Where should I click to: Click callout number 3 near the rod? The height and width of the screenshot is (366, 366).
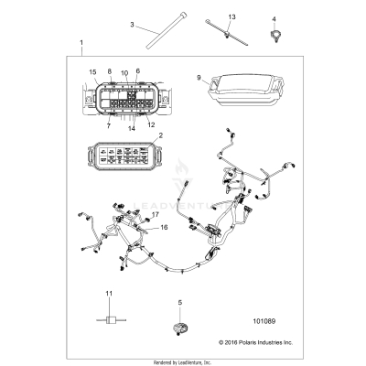click(132, 24)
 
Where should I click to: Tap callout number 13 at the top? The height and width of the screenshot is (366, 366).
click(231, 17)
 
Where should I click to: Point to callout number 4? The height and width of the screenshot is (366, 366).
click(273, 18)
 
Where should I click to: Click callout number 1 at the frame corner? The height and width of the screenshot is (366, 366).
click(81, 43)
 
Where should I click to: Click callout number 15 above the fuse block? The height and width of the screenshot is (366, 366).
click(92, 71)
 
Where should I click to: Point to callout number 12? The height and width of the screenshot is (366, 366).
click(151, 124)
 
